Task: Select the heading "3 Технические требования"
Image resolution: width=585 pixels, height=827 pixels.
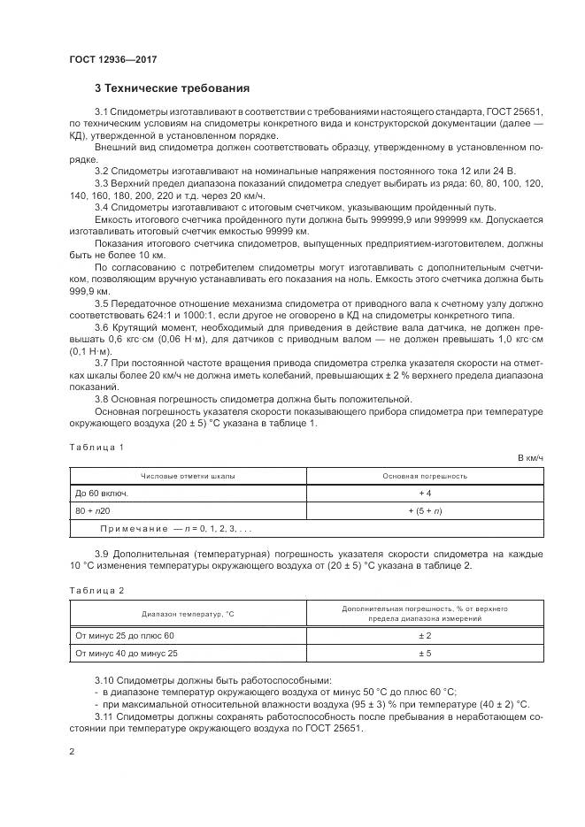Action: [x=173, y=88]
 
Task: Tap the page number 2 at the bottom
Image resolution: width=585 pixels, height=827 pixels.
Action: [x=72, y=752]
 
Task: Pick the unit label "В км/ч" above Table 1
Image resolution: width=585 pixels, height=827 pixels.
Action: [x=529, y=458]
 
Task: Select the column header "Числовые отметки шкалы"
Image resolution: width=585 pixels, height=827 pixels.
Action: [x=188, y=476]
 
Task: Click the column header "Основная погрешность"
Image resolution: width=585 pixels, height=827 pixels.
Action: [x=425, y=476]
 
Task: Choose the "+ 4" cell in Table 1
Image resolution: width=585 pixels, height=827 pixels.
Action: [x=425, y=493]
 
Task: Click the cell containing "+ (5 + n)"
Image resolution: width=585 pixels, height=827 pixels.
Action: [x=425, y=510]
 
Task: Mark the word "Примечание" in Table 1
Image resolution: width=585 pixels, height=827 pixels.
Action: [x=133, y=528]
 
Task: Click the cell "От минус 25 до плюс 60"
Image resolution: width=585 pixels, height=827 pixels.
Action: [x=126, y=636]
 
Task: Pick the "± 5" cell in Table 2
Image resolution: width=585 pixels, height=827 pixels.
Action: [x=425, y=654]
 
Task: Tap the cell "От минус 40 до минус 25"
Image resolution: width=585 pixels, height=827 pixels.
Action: [x=127, y=654]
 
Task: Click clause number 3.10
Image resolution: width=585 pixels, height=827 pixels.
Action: [x=104, y=680]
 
